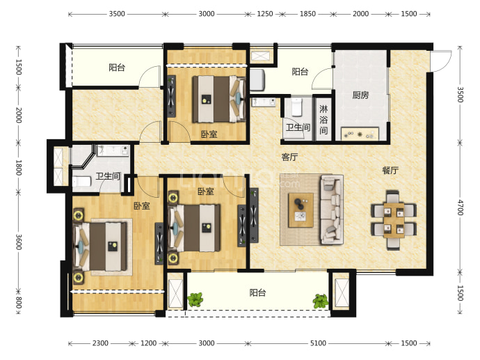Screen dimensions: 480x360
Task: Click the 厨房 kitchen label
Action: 360,95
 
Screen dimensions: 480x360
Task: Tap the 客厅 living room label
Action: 289,157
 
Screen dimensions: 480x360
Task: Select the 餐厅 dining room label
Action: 390,171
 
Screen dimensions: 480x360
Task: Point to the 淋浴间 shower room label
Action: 323,120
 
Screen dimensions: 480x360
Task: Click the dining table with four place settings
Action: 394,220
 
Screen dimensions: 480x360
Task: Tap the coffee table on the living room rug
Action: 301,210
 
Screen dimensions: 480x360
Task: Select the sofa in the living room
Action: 331,210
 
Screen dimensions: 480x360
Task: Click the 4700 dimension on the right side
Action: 460,208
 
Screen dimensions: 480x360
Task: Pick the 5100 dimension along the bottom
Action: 318,343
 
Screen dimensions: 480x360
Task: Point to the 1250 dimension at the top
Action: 265,14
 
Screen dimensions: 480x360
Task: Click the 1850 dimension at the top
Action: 307,14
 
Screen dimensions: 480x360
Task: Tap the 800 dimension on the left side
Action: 19,302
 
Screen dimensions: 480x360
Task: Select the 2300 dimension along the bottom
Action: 100,343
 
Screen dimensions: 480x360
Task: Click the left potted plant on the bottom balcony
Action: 195,299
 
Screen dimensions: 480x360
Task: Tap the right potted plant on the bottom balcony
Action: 320,302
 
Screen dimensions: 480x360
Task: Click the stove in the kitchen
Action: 360,134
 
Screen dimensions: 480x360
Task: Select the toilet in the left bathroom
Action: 81,181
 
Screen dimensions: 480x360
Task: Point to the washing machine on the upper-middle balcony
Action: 257,80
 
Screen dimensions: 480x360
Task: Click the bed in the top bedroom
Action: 218,99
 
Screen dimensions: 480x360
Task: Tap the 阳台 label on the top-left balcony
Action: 117,68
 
